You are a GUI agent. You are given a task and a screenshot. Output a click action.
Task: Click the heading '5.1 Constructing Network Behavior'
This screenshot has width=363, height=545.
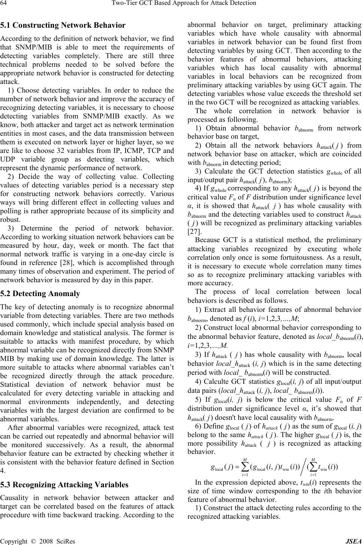[63, 25]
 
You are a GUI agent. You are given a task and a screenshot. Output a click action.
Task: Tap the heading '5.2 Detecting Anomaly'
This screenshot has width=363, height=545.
[40, 293]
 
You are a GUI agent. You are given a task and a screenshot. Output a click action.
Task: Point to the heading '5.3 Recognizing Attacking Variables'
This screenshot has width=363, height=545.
[64, 485]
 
